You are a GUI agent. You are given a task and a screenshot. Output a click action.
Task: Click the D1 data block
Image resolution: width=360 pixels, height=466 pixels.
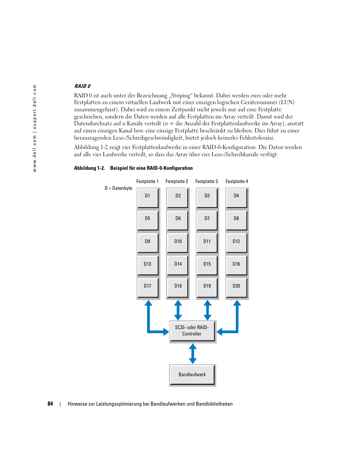click(148, 197)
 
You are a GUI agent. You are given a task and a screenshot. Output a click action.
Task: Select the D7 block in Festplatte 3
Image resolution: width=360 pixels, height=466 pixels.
click(207, 220)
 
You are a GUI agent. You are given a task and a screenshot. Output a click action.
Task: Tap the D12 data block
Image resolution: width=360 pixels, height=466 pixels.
click(236, 242)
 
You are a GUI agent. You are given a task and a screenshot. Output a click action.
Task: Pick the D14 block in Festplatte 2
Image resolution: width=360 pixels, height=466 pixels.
click(178, 265)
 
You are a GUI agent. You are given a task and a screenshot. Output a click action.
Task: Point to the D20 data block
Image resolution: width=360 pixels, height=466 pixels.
click(236, 287)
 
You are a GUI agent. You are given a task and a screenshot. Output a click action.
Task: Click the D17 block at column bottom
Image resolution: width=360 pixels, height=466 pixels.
click(148, 287)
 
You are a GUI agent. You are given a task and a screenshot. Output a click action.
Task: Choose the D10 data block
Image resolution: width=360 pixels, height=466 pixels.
click(178, 242)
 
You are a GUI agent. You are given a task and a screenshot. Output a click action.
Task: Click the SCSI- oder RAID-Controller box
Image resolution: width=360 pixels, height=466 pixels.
click(192, 331)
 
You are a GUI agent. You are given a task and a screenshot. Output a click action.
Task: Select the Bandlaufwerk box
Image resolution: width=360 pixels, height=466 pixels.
click(192, 375)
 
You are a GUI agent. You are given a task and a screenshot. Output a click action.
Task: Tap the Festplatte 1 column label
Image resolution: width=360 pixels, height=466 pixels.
click(147, 181)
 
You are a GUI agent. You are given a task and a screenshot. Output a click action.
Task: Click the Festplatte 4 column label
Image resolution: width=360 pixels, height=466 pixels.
click(237, 181)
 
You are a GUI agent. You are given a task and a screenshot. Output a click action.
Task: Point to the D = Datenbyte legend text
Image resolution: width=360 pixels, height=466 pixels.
click(118, 188)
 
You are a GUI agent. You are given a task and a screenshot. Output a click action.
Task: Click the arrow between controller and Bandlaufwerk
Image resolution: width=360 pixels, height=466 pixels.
click(193, 354)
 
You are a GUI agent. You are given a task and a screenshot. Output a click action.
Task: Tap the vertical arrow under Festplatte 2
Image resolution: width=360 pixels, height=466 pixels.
click(178, 310)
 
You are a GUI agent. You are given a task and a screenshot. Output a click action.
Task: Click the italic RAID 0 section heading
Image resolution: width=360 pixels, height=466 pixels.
click(82, 86)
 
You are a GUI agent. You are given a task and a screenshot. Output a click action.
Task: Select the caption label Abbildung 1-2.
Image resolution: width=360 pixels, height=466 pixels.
click(89, 168)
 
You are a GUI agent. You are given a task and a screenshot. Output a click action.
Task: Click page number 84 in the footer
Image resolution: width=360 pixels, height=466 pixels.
click(50, 404)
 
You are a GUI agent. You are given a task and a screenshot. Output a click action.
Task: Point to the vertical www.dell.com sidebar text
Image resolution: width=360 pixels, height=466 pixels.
click(35, 128)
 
